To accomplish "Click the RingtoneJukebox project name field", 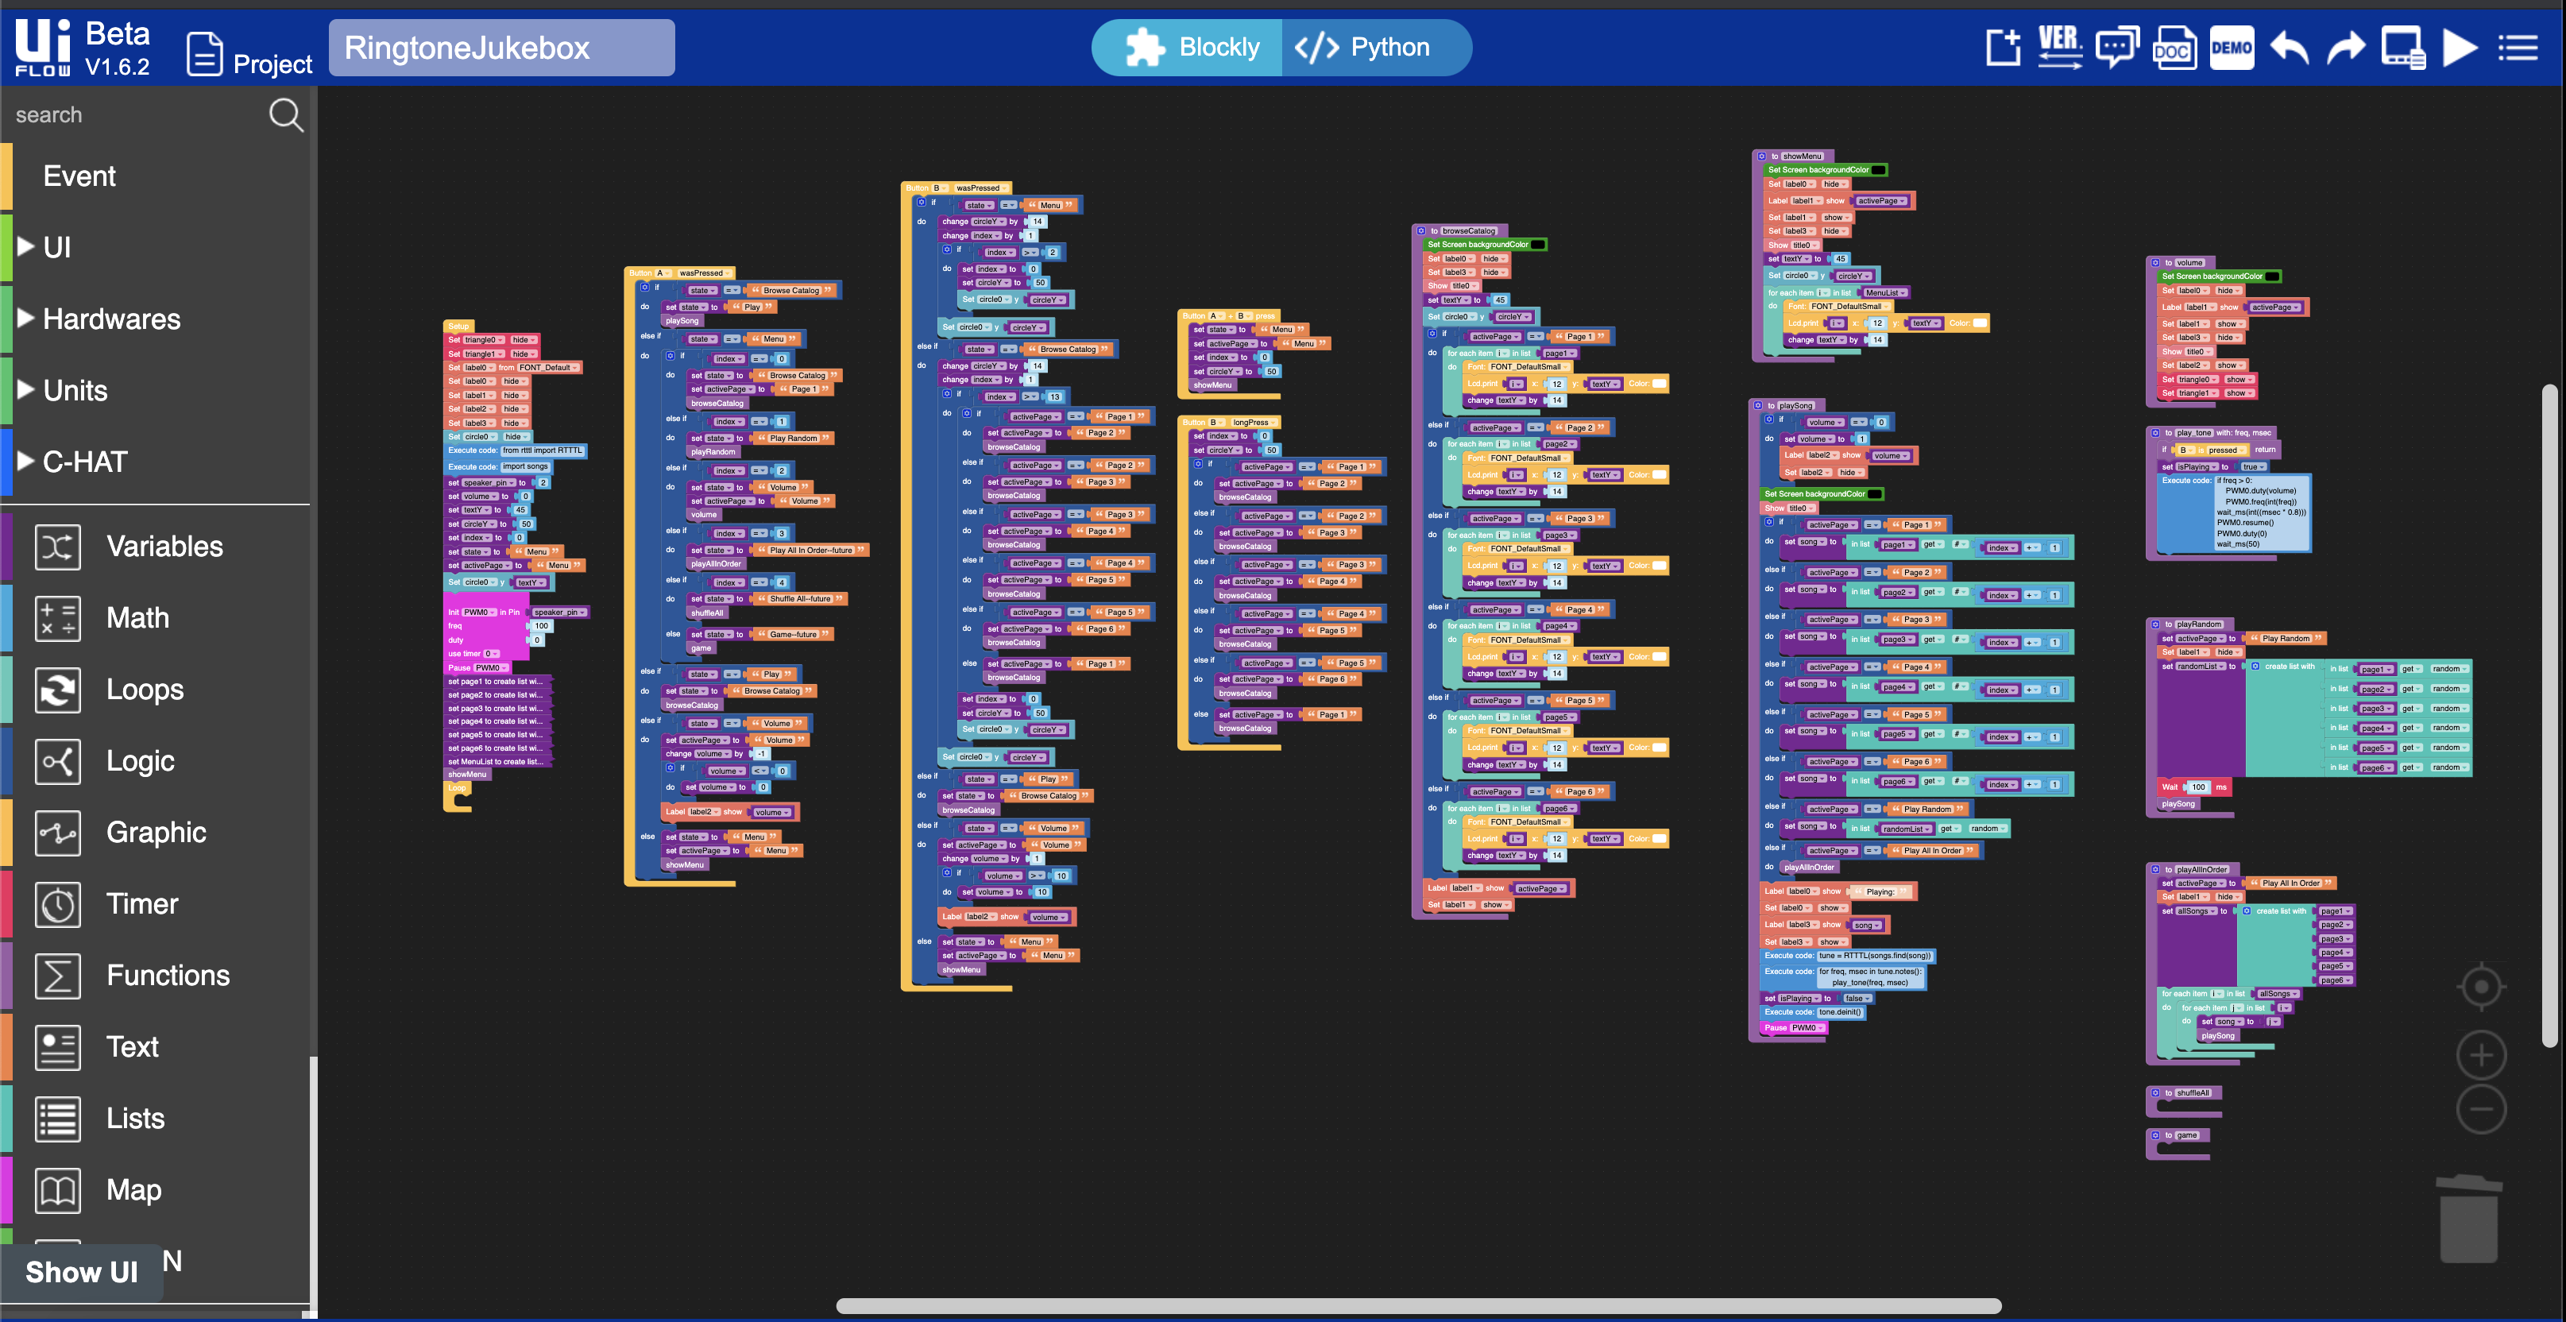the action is (x=501, y=48).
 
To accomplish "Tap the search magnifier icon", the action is (x=285, y=114).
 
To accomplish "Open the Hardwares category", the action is (x=111, y=319).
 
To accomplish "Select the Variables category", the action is (x=164, y=546).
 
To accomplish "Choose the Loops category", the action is (x=145, y=690).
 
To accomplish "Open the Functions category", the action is (x=168, y=976).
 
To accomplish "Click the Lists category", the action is (x=136, y=1118).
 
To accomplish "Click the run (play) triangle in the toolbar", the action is (x=2460, y=48).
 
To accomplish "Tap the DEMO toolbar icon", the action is (x=2232, y=48).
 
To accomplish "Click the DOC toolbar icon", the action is (x=2173, y=48).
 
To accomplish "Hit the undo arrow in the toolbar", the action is (x=2289, y=48).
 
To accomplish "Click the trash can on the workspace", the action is (x=2468, y=1219).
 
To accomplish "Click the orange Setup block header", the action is (x=458, y=326).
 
